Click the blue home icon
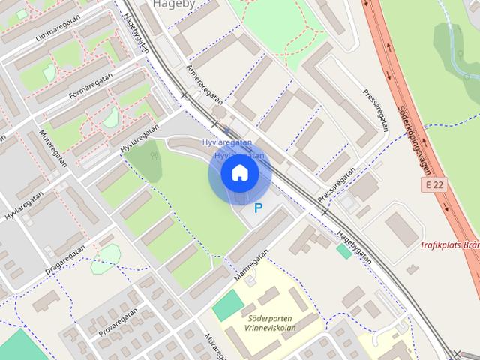click(239, 173)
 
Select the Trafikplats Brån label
click(449, 244)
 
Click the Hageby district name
click(174, 4)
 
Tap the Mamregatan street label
click(250, 268)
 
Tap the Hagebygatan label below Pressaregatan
click(354, 245)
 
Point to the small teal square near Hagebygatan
click(344, 251)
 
